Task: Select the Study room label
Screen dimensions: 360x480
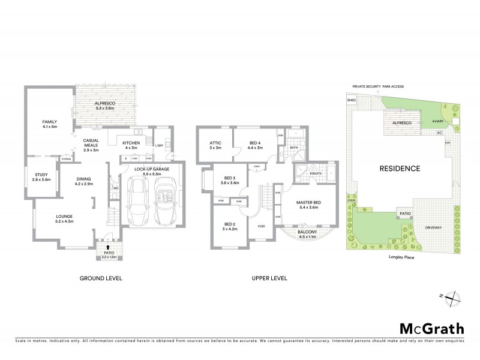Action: click(41, 177)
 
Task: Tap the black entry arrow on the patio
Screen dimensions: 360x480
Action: click(107, 247)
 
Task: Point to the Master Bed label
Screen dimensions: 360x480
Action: click(309, 205)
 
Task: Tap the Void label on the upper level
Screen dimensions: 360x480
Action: click(262, 226)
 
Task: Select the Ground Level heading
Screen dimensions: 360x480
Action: click(101, 278)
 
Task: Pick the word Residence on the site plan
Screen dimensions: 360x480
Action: click(398, 168)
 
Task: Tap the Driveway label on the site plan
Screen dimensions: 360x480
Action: click(433, 227)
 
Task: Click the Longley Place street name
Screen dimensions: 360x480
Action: click(400, 259)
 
